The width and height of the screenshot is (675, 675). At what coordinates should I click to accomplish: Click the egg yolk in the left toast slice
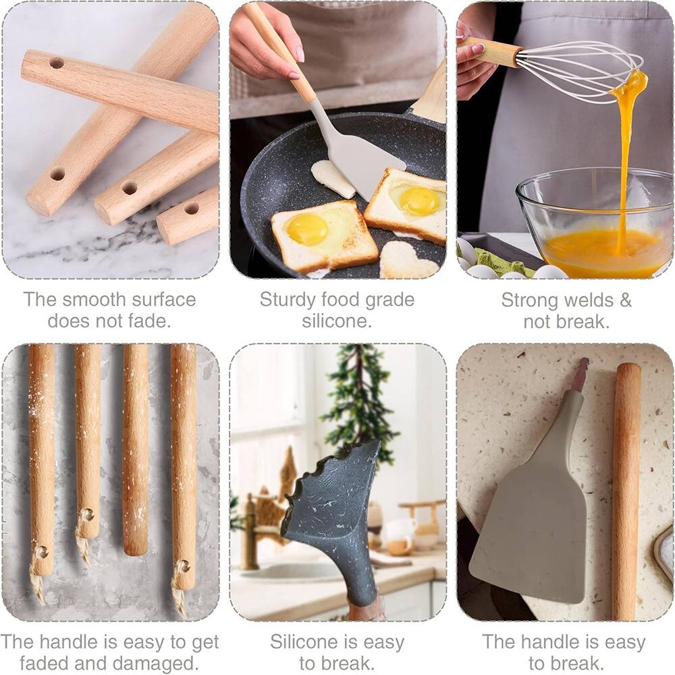click(x=308, y=230)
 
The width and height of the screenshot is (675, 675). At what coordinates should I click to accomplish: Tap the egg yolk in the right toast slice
click(x=418, y=200)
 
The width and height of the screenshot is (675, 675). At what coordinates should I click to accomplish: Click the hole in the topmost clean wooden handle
click(x=57, y=63)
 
